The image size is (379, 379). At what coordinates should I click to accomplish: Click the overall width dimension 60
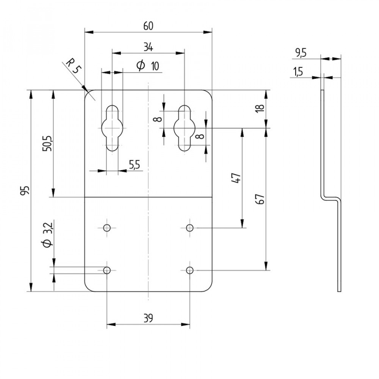tap(148, 26)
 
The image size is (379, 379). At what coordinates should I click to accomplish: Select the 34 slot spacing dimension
tap(148, 47)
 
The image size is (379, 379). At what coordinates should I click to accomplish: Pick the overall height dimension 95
tap(25, 191)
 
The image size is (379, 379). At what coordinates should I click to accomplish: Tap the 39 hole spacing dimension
tap(148, 318)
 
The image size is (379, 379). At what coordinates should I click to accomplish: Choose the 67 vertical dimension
tap(261, 199)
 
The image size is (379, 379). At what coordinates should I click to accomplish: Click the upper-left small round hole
tap(107, 228)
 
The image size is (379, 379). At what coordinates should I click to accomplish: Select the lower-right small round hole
tap(190, 270)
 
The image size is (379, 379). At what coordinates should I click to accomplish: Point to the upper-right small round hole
tap(190, 228)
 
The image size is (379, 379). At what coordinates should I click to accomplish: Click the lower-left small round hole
tap(107, 270)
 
